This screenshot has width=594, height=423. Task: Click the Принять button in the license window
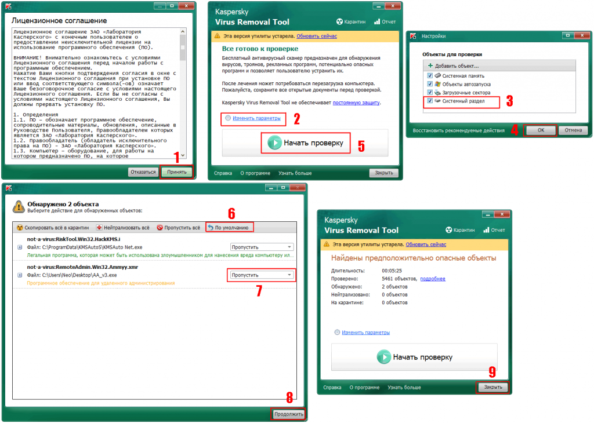click(x=177, y=172)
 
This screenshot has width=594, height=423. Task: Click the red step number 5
click(x=361, y=146)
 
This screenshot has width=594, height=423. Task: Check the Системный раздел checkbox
click(x=430, y=101)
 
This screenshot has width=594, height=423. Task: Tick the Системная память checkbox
click(x=430, y=76)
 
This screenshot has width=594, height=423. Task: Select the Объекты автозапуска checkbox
click(x=430, y=84)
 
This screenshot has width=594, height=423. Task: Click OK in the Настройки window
click(x=541, y=130)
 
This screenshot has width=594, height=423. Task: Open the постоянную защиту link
click(x=356, y=103)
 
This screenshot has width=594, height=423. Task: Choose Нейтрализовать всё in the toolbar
click(x=123, y=227)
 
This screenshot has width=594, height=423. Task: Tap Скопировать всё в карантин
click(x=53, y=227)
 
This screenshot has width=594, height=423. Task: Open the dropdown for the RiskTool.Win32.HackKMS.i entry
click(x=262, y=247)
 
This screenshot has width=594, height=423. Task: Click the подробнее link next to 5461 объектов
click(x=433, y=279)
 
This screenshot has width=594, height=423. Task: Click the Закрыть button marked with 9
click(x=493, y=387)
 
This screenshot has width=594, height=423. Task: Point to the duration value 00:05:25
click(x=392, y=271)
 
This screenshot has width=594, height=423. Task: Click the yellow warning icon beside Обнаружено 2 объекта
click(x=19, y=207)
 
